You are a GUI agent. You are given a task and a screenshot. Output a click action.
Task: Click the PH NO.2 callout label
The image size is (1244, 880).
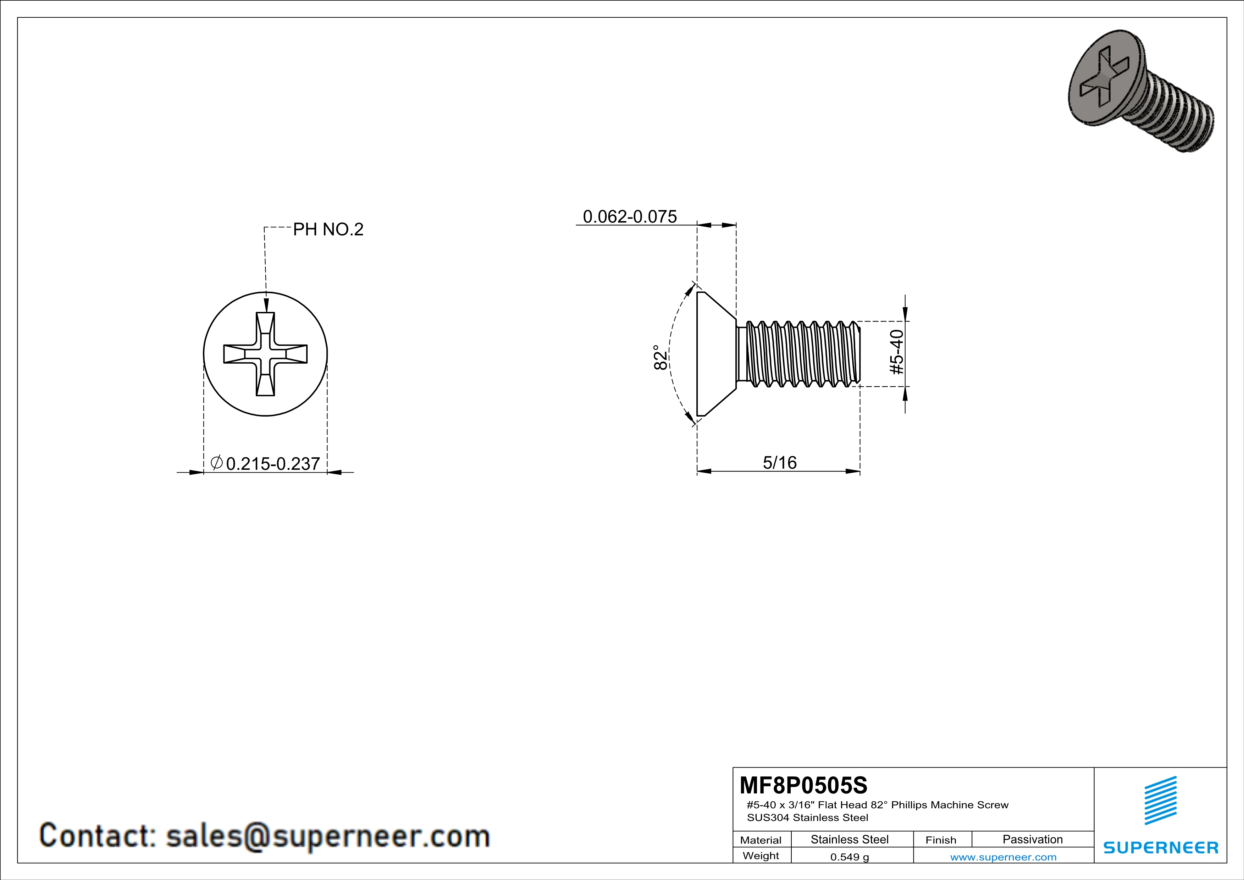[x=328, y=230]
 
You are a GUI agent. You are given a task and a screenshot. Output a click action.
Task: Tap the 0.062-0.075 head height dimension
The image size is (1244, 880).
[x=630, y=217]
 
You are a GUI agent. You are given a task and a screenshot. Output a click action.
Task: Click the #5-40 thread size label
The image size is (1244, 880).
[x=897, y=352]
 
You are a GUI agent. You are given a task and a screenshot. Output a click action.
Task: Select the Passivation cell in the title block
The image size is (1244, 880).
[x=1032, y=839]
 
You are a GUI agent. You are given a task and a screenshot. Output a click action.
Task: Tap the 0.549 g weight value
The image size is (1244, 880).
[x=850, y=857]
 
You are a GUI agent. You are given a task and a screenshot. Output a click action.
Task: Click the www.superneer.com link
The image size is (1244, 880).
[x=1003, y=857]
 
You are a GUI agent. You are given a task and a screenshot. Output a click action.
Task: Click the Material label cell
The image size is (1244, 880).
[x=761, y=840]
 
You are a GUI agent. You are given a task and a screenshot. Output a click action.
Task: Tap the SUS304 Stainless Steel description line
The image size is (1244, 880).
[x=807, y=818]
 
